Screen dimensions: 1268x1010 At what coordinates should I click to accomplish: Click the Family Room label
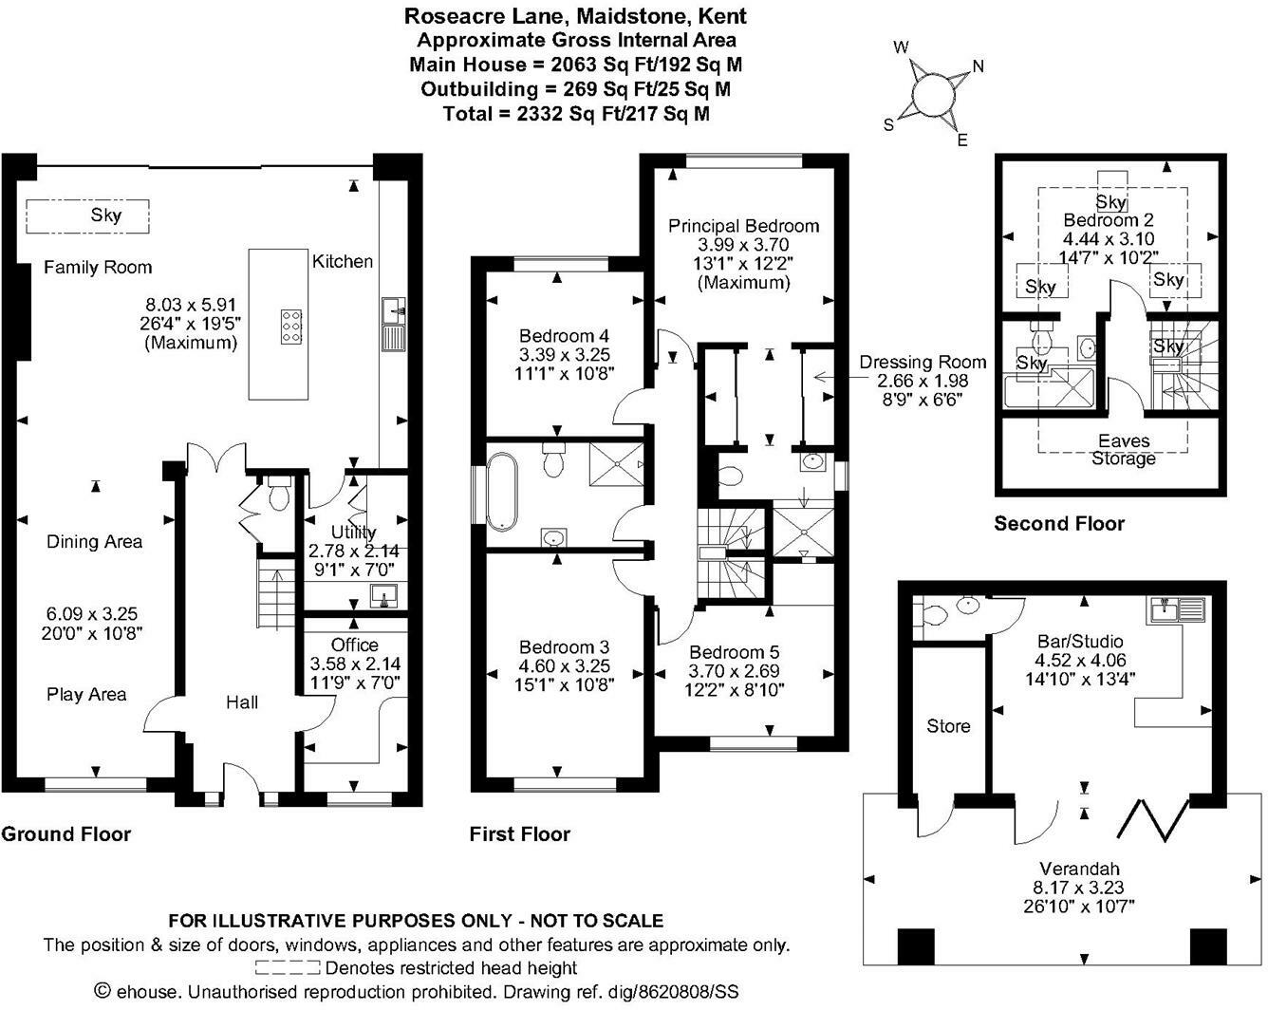[98, 268]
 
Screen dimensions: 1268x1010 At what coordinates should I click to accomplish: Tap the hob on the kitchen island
[291, 326]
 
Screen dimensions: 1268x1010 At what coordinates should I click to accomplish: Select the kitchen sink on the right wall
[394, 324]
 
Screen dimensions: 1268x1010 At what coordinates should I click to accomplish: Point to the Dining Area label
[94, 542]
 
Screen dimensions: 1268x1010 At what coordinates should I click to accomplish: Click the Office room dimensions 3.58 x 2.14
[354, 664]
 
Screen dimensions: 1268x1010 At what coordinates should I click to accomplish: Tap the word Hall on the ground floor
[242, 702]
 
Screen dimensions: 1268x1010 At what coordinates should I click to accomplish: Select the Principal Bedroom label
[743, 226]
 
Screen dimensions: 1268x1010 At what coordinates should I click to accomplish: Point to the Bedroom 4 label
[564, 336]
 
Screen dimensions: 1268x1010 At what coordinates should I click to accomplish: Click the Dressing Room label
[923, 362]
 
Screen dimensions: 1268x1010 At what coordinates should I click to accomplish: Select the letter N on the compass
[978, 65]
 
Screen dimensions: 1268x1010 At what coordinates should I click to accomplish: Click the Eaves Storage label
[1124, 450]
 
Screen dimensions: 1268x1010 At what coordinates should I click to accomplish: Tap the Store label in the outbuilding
[948, 726]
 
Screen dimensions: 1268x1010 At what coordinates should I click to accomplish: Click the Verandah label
[1079, 868]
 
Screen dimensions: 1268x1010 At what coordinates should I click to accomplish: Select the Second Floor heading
[1058, 523]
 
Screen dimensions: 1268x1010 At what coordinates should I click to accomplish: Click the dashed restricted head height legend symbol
[288, 968]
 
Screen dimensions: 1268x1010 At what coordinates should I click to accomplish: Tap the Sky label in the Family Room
[106, 215]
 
